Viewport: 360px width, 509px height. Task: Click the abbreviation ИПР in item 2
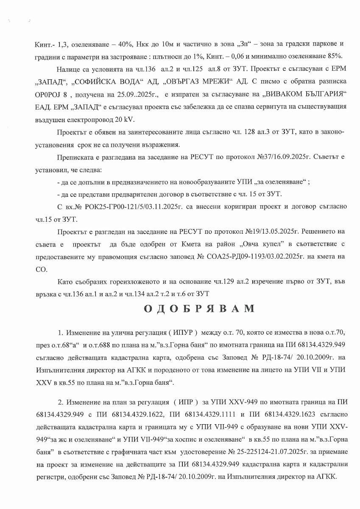click(183, 401)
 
